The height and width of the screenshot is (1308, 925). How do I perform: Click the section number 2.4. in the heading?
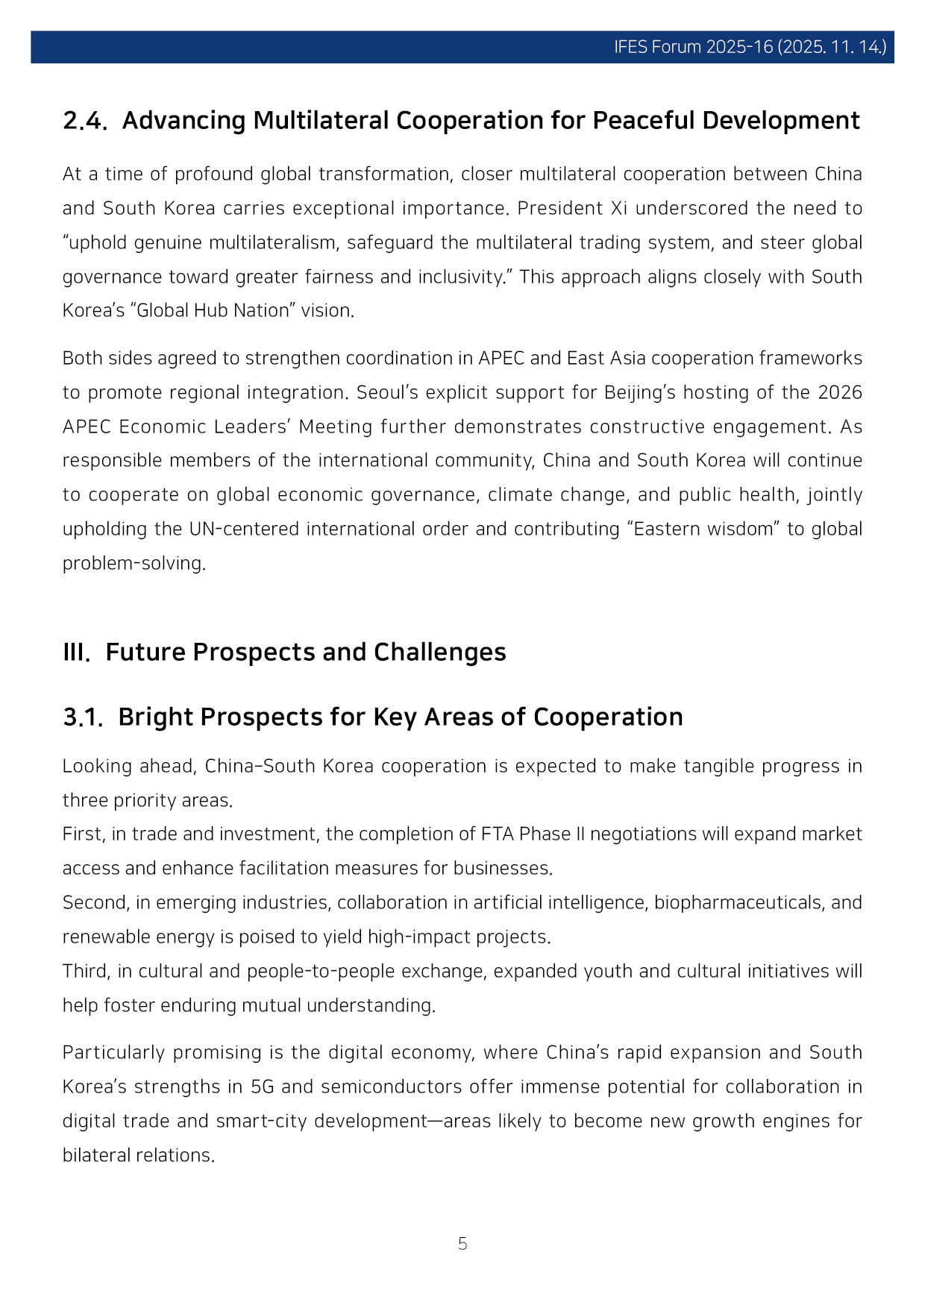tap(85, 121)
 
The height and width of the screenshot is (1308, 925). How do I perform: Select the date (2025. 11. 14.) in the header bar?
tap(832, 47)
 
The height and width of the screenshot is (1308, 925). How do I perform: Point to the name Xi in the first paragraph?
tap(618, 208)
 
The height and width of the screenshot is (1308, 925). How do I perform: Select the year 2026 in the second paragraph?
tap(840, 392)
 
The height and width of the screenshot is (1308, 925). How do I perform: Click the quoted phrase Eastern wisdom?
tap(703, 529)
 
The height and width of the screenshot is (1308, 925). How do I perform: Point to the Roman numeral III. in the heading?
tap(76, 653)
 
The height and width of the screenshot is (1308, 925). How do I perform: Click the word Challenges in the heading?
tap(439, 653)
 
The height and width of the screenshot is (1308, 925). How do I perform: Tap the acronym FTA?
tap(498, 834)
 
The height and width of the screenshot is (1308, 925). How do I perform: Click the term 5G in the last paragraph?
tap(263, 1087)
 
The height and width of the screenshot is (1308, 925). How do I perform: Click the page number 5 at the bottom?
tap(462, 1244)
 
